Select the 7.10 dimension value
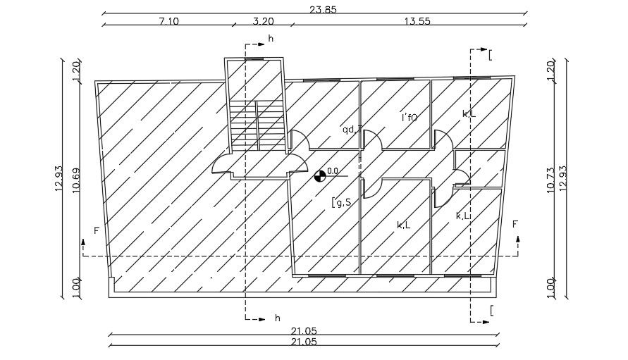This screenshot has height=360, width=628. pyautogui.click(x=169, y=21)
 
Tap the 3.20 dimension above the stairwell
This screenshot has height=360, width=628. pyautogui.click(x=263, y=21)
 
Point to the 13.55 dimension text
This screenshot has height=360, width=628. pyautogui.click(x=417, y=21)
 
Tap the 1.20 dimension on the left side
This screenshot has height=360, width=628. pyautogui.click(x=76, y=70)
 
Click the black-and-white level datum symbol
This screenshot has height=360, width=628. pyautogui.click(x=321, y=175)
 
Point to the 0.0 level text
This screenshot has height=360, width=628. pyautogui.click(x=333, y=170)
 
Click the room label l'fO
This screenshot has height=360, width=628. pyautogui.click(x=410, y=118)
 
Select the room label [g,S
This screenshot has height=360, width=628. pyautogui.click(x=342, y=203)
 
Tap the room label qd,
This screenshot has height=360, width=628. pyautogui.click(x=350, y=129)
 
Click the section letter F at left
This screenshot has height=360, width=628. pyautogui.click(x=96, y=230)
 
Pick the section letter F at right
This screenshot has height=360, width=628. pyautogui.click(x=515, y=224)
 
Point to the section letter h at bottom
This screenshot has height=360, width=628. pyautogui.click(x=278, y=318)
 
